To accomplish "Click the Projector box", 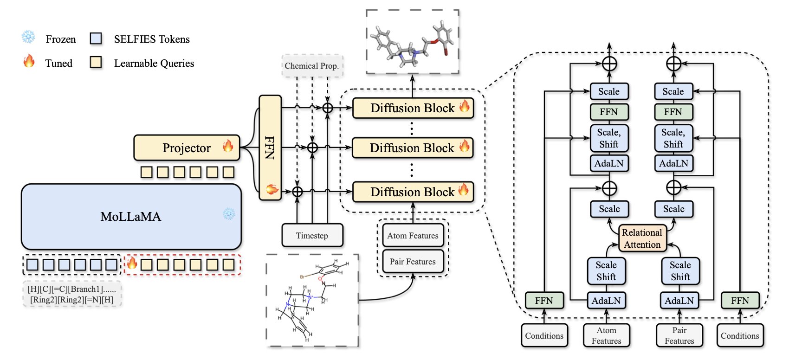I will [x=187, y=148].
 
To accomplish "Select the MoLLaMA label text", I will [x=130, y=217].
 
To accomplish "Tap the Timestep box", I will [x=312, y=236].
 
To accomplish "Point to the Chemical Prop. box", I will [x=311, y=66].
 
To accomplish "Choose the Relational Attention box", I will [x=642, y=238].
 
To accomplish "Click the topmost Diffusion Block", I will [x=413, y=108].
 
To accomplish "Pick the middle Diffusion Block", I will [x=413, y=148].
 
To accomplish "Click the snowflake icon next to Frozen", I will [x=28, y=38].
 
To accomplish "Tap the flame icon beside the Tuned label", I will [x=29, y=61].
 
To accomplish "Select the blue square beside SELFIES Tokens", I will [x=96, y=39].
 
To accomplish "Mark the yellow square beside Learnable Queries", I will [x=96, y=63].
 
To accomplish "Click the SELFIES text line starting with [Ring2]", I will [x=71, y=300].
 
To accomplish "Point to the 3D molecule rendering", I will [x=412, y=44].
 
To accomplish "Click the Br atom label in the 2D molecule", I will [x=302, y=277].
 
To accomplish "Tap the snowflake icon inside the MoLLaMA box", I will [x=229, y=214].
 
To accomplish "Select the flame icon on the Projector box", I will [x=228, y=146].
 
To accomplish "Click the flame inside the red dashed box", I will [x=132, y=264].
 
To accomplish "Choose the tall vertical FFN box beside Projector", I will [x=270, y=148].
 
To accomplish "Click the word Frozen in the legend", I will [x=61, y=39].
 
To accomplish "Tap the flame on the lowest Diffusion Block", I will [x=463, y=189].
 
